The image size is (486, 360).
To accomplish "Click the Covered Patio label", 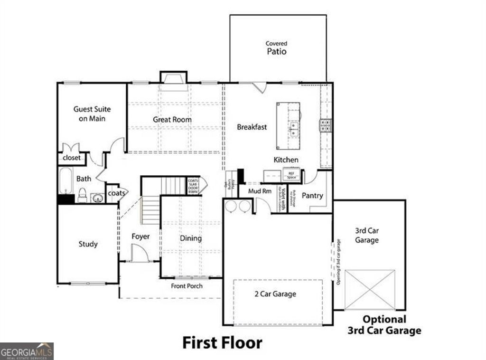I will [x=276, y=48].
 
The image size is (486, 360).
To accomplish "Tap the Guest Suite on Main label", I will [x=92, y=114].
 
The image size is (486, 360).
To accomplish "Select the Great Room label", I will [x=172, y=120].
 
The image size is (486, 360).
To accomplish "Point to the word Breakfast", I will [x=252, y=127].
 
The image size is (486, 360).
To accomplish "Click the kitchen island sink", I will [x=294, y=129].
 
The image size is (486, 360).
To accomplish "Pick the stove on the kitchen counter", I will [x=326, y=125].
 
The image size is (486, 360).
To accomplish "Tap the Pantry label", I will [x=312, y=195].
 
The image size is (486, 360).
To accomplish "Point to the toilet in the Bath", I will [x=82, y=195].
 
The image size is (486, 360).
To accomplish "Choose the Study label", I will [x=88, y=244].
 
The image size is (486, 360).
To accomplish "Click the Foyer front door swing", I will [x=139, y=253].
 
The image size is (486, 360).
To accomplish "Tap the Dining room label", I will [x=190, y=238].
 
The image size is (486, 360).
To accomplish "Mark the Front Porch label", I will [x=187, y=286].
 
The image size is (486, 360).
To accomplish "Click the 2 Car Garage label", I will [x=275, y=294].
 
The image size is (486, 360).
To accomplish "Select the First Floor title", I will [x=222, y=342].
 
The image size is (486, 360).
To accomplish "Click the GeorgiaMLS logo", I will [x=27, y=351].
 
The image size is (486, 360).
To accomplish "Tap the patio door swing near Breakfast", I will [x=260, y=87].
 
